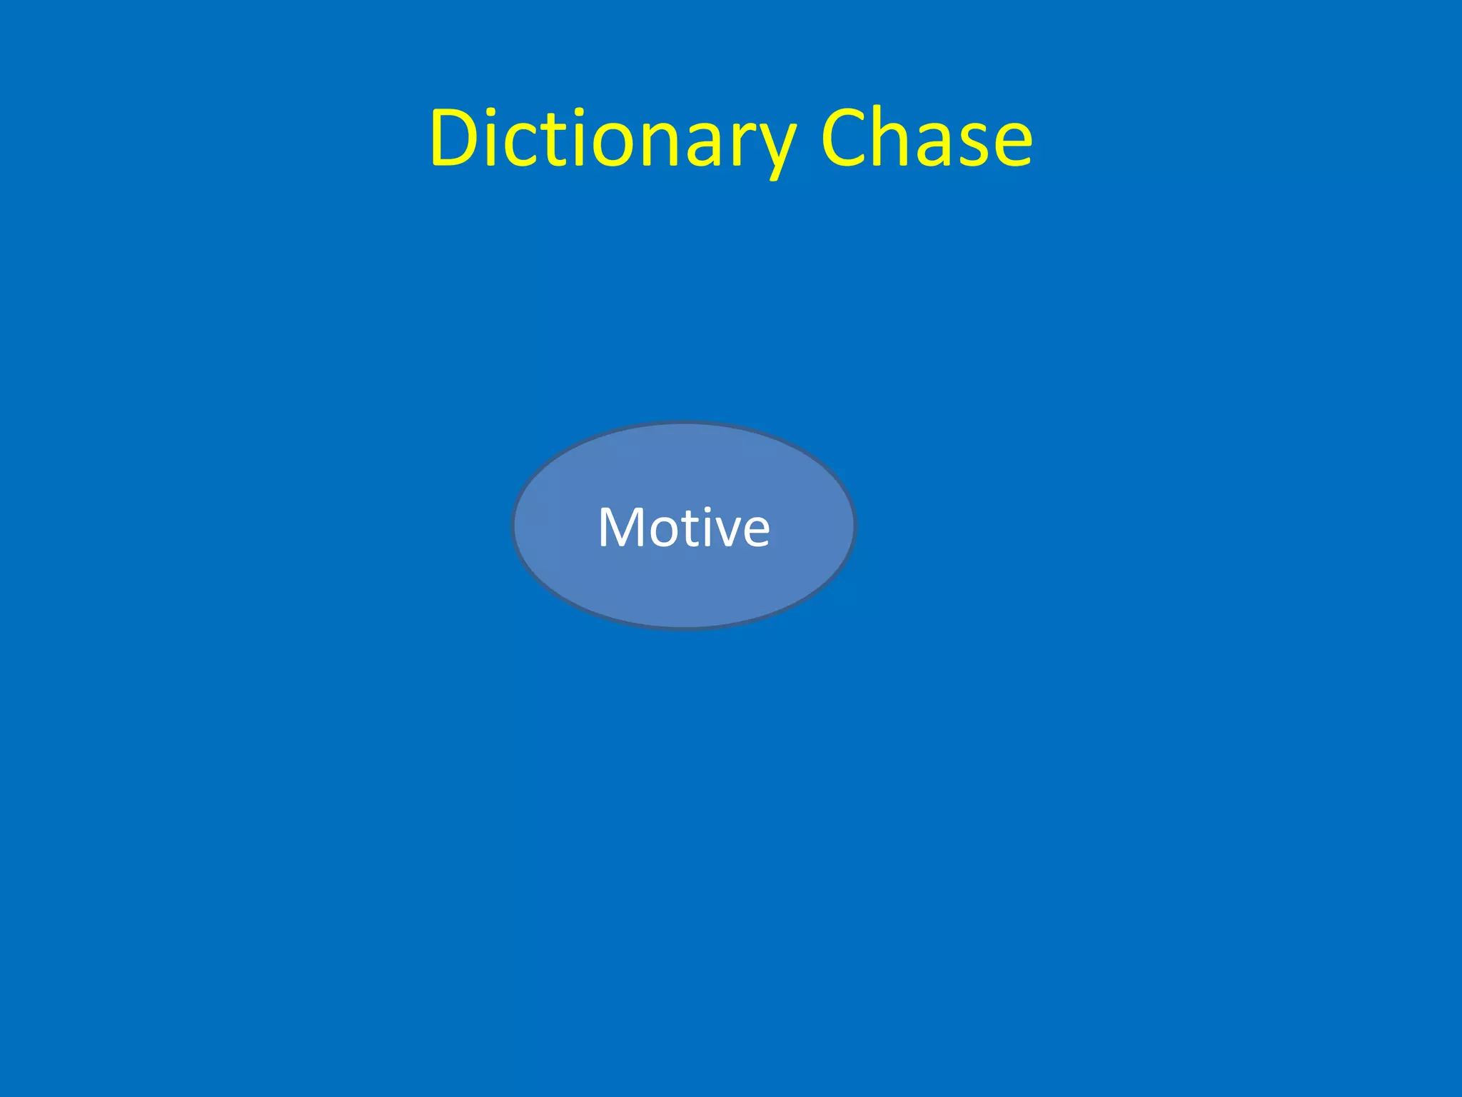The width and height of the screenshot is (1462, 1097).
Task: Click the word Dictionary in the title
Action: click(x=612, y=139)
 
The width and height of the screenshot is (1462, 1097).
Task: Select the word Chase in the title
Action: click(x=926, y=139)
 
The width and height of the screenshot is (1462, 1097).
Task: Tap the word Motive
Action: click(x=684, y=527)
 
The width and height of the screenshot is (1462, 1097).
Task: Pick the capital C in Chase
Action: click(x=844, y=139)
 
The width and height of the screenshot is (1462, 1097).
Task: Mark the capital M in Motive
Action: click(x=621, y=527)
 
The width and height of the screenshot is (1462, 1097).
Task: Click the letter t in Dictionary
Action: click(x=542, y=139)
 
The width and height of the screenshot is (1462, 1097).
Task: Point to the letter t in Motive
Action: click(x=687, y=529)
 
